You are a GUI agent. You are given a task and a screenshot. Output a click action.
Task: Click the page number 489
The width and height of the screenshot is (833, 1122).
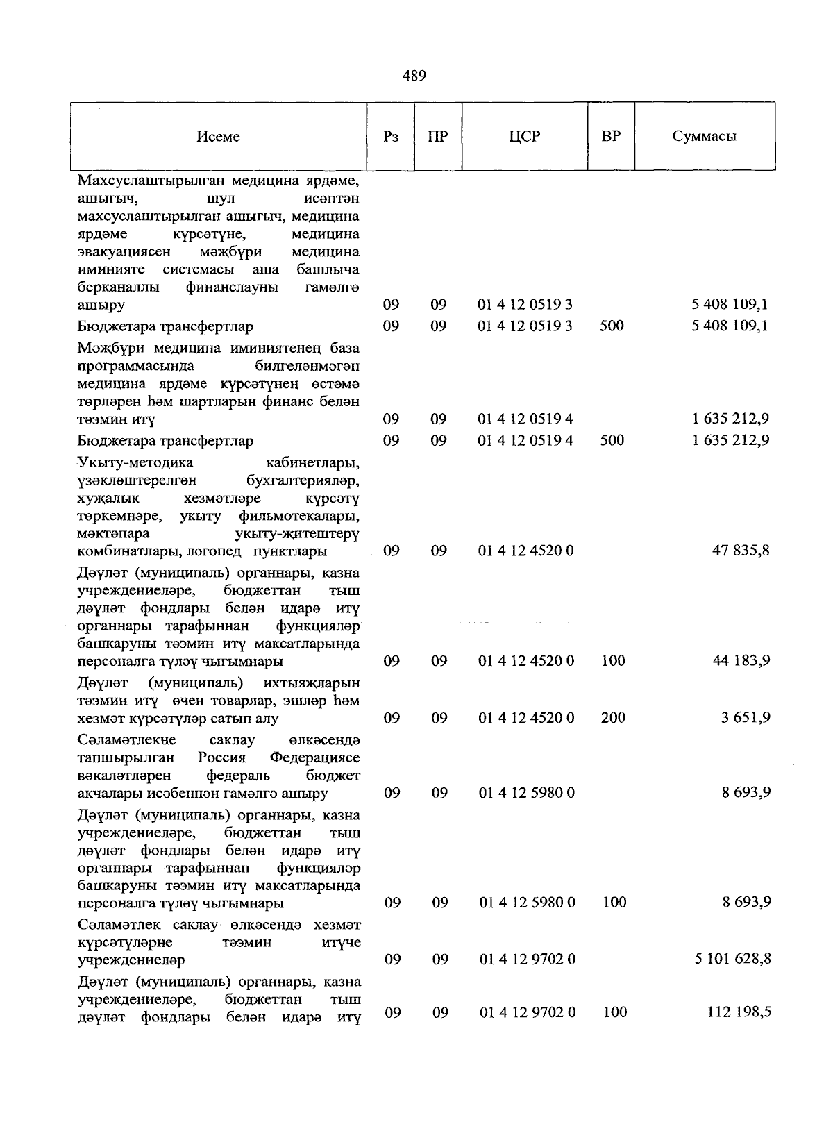point(414,76)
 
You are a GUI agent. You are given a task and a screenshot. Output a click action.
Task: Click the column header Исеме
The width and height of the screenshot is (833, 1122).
point(218,137)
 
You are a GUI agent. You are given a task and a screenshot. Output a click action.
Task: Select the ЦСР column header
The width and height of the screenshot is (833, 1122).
point(524,137)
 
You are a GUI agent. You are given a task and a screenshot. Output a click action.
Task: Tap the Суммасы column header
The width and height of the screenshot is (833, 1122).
point(704,137)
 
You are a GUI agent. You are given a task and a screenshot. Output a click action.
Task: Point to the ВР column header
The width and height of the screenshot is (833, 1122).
point(611,137)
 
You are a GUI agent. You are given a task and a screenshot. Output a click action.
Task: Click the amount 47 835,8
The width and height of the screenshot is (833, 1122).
point(741,551)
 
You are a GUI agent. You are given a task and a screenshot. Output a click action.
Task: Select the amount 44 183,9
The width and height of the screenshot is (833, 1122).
point(741,661)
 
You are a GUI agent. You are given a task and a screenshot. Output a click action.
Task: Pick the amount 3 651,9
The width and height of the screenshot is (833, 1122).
point(745,718)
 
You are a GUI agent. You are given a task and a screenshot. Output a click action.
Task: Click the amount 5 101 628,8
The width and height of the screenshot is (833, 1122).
point(732,960)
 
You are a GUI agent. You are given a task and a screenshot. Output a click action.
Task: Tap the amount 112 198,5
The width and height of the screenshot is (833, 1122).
point(739,1013)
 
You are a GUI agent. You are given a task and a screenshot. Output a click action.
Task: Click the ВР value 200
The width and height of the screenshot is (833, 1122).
point(613,718)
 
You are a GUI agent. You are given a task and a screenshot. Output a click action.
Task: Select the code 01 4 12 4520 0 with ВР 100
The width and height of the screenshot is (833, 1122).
point(526,661)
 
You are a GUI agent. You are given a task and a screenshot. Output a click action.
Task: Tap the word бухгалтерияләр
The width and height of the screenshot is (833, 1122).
point(303,480)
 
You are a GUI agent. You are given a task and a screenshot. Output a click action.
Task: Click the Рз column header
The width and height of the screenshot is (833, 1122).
point(391,137)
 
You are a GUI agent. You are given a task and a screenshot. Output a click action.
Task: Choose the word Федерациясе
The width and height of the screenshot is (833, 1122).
point(314,757)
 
